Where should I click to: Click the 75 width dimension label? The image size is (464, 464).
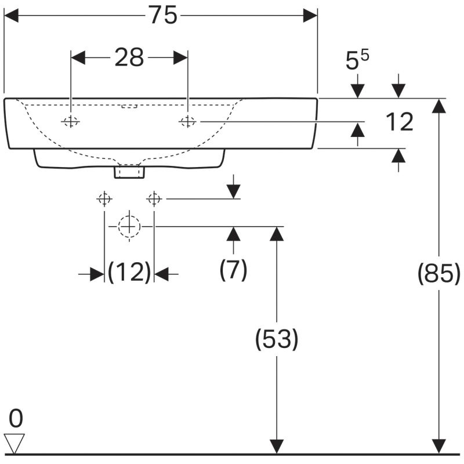[163, 16]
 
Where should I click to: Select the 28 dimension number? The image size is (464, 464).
[129, 57]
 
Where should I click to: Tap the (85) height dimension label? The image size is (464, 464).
[439, 274]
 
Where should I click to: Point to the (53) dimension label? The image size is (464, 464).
[277, 339]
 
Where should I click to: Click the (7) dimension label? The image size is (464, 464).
[233, 270]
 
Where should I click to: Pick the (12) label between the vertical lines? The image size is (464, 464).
[129, 272]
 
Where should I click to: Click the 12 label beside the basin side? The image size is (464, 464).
[400, 122]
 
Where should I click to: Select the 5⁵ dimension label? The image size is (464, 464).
[357, 60]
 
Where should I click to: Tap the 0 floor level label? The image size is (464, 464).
[16, 418]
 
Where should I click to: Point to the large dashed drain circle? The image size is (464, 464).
[129, 227]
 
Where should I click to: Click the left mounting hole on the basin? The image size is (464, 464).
[70, 121]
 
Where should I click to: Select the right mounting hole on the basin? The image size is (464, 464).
[187, 121]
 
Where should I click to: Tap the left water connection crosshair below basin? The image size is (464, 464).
[104, 199]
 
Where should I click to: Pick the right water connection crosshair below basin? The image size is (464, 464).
[154, 199]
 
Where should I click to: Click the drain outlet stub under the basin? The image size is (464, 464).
[129, 172]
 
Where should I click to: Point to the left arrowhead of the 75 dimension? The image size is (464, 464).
[11, 16]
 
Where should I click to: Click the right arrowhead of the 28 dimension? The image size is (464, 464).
[180, 57]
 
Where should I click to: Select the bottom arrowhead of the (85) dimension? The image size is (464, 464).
[438, 446]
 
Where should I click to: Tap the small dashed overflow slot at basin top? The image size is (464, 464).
[129, 106]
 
